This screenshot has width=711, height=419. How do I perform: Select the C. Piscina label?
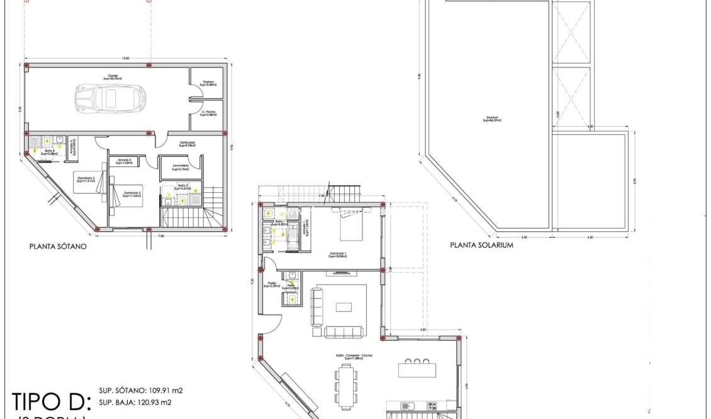pos(209,113)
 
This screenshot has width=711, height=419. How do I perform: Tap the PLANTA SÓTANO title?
pos(58,248)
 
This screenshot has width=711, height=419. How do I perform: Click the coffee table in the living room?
pos(344,307)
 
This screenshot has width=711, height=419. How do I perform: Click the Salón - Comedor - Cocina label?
pos(354,357)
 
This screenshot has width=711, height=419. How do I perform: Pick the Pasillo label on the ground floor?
pos(272,285)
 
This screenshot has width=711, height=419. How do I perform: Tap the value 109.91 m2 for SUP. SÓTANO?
pos(160,390)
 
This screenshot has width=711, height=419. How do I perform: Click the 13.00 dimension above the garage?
pos(126,58)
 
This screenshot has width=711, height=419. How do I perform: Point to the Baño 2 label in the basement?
pos(183,187)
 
